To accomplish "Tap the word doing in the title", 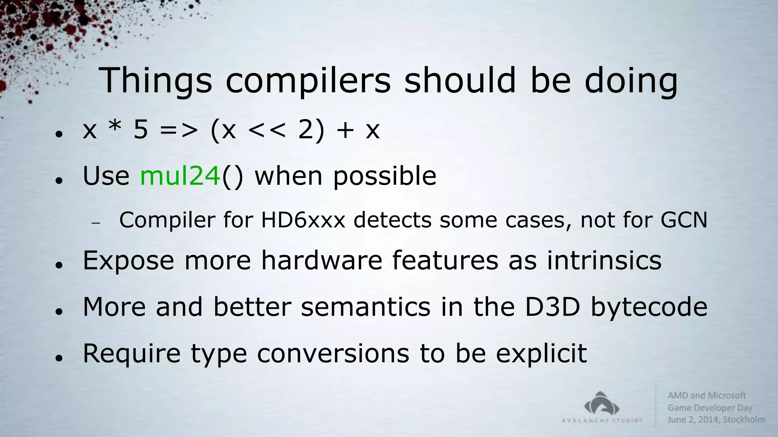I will click(631, 80).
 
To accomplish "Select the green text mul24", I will click(180, 176).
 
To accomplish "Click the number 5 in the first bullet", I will click(141, 130).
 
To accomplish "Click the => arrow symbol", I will click(179, 130).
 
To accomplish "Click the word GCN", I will click(684, 220).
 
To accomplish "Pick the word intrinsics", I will click(604, 261).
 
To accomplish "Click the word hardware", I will click(321, 261).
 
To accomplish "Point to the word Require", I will click(131, 354).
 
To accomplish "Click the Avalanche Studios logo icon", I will click(602, 404).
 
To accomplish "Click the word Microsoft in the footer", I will click(727, 396).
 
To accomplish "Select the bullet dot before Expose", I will click(59, 265).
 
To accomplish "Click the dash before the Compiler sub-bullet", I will click(96, 223).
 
